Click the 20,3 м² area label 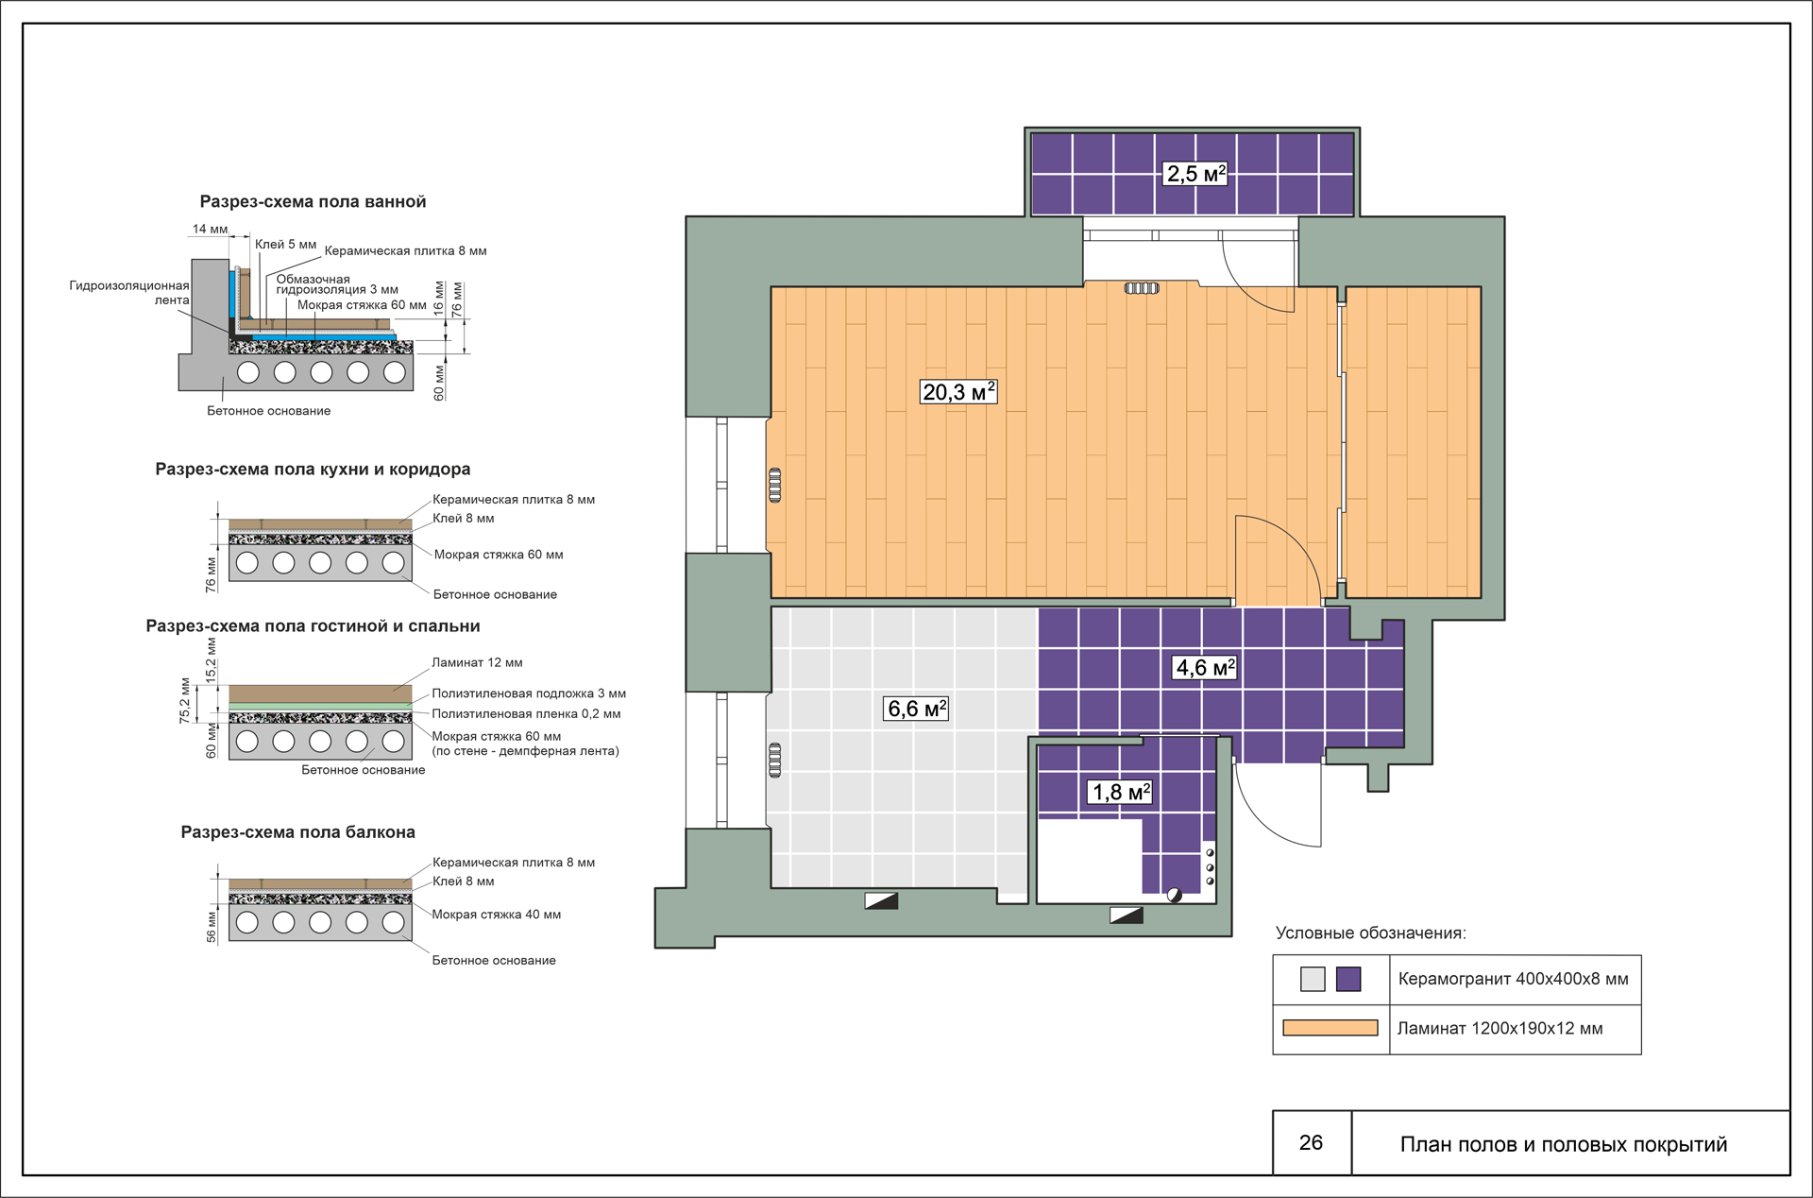click(958, 391)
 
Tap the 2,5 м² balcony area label click(1195, 173)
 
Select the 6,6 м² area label click(917, 709)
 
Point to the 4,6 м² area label click(1205, 667)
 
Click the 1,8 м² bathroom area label click(1121, 792)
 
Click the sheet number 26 click(1311, 1142)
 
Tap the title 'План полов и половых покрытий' click(1564, 1144)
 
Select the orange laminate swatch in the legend click(1330, 1028)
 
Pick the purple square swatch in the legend click(1349, 979)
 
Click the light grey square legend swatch click(1313, 979)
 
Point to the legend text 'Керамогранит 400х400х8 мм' click(1513, 979)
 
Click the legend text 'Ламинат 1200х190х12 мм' click(1500, 1028)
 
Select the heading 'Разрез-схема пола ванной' click(313, 201)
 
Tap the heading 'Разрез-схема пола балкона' click(297, 831)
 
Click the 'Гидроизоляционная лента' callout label click(129, 293)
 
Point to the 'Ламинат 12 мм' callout click(477, 662)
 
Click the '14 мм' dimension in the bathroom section click(210, 229)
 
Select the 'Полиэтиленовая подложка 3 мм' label click(529, 693)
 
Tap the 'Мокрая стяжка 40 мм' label click(497, 915)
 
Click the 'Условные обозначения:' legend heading click(1370, 933)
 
